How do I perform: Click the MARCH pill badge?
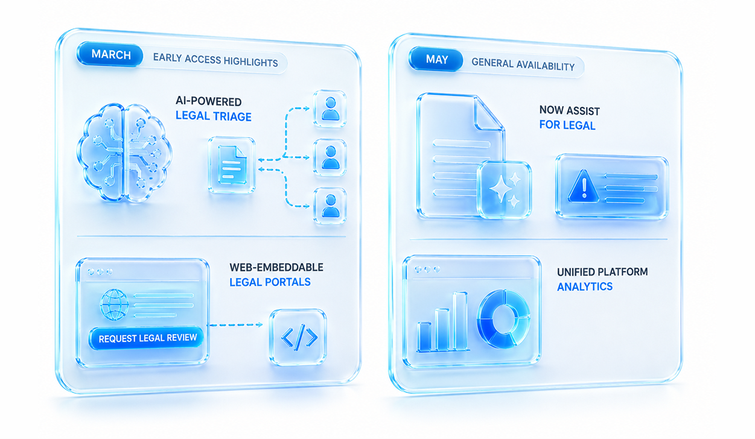(110, 54)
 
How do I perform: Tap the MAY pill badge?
(436, 59)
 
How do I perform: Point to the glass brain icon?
(124, 152)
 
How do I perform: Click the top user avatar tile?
(330, 109)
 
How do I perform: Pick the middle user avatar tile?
(330, 157)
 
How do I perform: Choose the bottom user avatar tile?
(330, 206)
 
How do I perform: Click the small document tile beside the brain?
(232, 165)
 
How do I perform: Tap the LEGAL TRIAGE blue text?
(214, 116)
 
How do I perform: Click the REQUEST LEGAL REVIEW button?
(147, 338)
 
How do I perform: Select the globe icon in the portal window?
(115, 305)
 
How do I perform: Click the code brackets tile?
(298, 337)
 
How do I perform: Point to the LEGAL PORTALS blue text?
(270, 282)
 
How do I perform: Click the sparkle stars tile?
(504, 189)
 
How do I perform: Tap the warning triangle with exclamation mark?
(584, 186)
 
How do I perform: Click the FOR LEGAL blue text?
(567, 125)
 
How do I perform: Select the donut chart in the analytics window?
(503, 318)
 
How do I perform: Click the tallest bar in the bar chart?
(460, 321)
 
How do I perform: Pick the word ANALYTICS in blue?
(585, 286)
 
